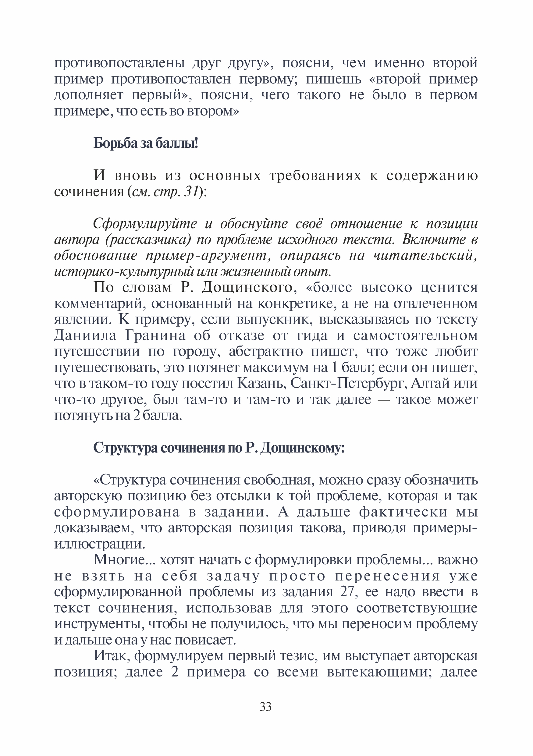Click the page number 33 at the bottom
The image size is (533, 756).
[x=265, y=707]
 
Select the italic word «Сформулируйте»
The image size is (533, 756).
[x=145, y=224]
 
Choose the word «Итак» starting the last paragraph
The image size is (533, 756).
[x=108, y=656]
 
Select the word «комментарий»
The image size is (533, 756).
[x=99, y=303]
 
